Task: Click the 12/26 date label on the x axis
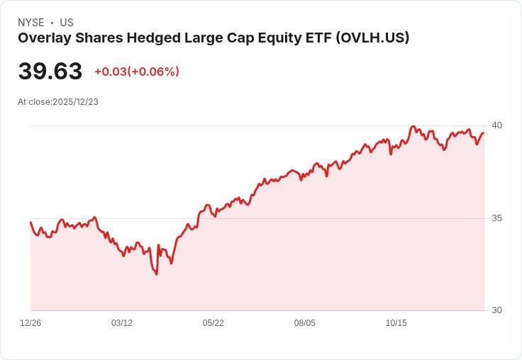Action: pos(30,322)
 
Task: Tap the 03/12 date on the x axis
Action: pos(122,322)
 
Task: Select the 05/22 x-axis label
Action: pos(213,322)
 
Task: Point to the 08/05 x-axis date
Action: pos(304,322)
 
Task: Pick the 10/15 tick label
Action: pos(396,322)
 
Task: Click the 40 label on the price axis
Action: pos(496,125)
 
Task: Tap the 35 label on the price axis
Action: pos(496,218)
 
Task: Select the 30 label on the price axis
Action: pos(496,310)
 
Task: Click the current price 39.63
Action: pos(50,71)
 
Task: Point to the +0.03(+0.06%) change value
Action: pos(137,72)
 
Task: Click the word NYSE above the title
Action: pos(31,23)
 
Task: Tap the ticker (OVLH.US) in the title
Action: pos(372,38)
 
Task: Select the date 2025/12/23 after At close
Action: pos(76,102)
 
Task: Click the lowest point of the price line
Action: pos(157,274)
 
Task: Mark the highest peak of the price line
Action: pos(413,126)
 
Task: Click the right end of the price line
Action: pos(484,133)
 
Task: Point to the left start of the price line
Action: pos(30,223)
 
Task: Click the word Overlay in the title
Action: pos(45,38)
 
